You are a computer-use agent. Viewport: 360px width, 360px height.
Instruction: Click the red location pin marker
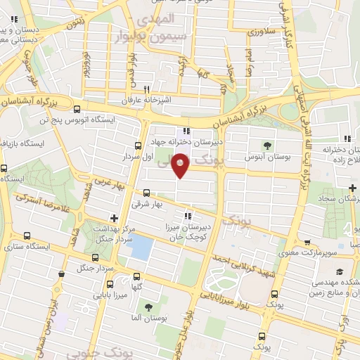[x=181, y=165]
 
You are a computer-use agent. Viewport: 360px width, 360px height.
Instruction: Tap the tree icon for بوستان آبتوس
[x=267, y=146]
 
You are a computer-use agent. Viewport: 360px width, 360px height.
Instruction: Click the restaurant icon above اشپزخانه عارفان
[x=147, y=89]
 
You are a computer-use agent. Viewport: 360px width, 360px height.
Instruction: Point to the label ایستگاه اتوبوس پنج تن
[x=47, y=120]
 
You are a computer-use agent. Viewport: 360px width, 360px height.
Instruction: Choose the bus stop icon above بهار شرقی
[x=146, y=193]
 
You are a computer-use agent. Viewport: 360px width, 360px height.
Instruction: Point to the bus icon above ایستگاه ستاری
[x=27, y=236]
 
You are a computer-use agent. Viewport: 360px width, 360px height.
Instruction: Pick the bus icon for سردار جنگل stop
[x=63, y=270]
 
